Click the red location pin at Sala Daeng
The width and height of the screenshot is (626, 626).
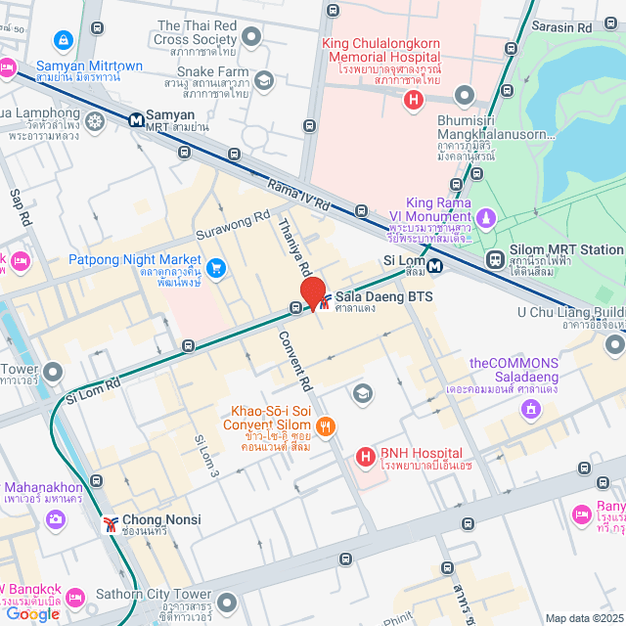(x=313, y=293)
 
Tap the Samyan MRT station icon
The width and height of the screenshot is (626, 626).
(x=136, y=119)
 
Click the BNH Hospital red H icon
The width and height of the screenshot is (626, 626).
(x=365, y=456)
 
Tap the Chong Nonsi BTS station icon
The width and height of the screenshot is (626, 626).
(x=111, y=520)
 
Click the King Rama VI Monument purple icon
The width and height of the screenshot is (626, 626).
(x=486, y=216)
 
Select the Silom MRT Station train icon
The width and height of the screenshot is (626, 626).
(x=496, y=260)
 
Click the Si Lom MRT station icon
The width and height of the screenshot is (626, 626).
(x=434, y=262)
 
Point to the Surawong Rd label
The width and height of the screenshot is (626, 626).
(x=233, y=227)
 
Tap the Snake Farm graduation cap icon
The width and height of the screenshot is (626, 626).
(x=262, y=80)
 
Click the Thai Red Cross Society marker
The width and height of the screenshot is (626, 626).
(x=252, y=38)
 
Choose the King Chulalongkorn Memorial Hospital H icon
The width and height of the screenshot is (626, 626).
(x=414, y=99)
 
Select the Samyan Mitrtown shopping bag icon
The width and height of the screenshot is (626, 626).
(x=64, y=40)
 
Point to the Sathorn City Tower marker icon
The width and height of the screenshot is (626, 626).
(x=227, y=601)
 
